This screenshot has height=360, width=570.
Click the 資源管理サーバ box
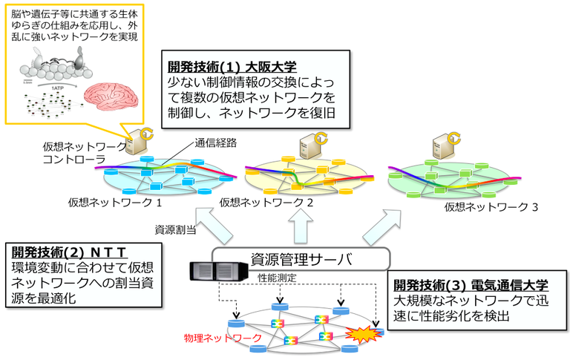tap(301, 259)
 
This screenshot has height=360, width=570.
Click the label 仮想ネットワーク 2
tap(266, 202)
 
